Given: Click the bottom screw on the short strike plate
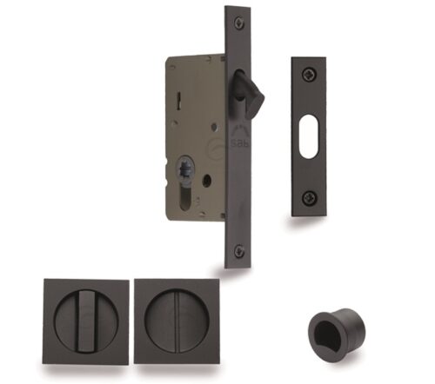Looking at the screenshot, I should click(307, 199).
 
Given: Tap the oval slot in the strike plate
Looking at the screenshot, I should click(307, 136).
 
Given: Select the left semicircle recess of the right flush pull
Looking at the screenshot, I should click(162, 321).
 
